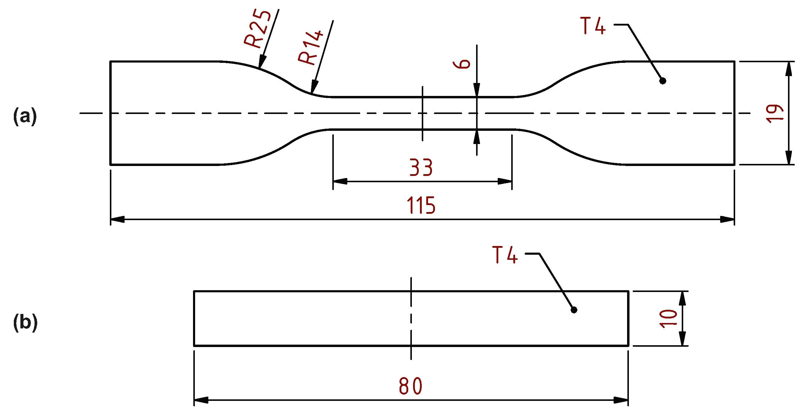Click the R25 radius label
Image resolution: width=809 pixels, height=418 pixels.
pos(258,29)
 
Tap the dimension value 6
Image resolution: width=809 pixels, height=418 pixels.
pos(462,63)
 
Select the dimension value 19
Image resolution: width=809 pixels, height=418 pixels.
pos(775,113)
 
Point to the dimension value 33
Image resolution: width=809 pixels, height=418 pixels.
pos(421,168)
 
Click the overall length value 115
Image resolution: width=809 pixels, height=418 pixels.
pos(421,205)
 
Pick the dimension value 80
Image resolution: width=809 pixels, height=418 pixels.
pos(411,386)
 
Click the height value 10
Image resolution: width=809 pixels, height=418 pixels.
pos(668,318)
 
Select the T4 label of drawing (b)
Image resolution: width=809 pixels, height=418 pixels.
pos(505,255)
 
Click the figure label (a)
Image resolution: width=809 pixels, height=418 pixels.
pos(25,116)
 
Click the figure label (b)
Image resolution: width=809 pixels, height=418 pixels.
pos(26,322)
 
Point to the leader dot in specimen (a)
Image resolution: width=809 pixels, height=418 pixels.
pos(663,81)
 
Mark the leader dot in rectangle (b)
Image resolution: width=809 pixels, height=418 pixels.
pos(574,310)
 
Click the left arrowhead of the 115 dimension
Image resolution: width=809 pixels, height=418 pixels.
pos(117,220)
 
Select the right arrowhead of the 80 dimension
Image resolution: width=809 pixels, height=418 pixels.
pos(621,400)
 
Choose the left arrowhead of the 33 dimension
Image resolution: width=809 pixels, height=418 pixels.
pos(340,181)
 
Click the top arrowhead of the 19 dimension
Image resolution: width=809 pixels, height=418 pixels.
pos(788,69)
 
